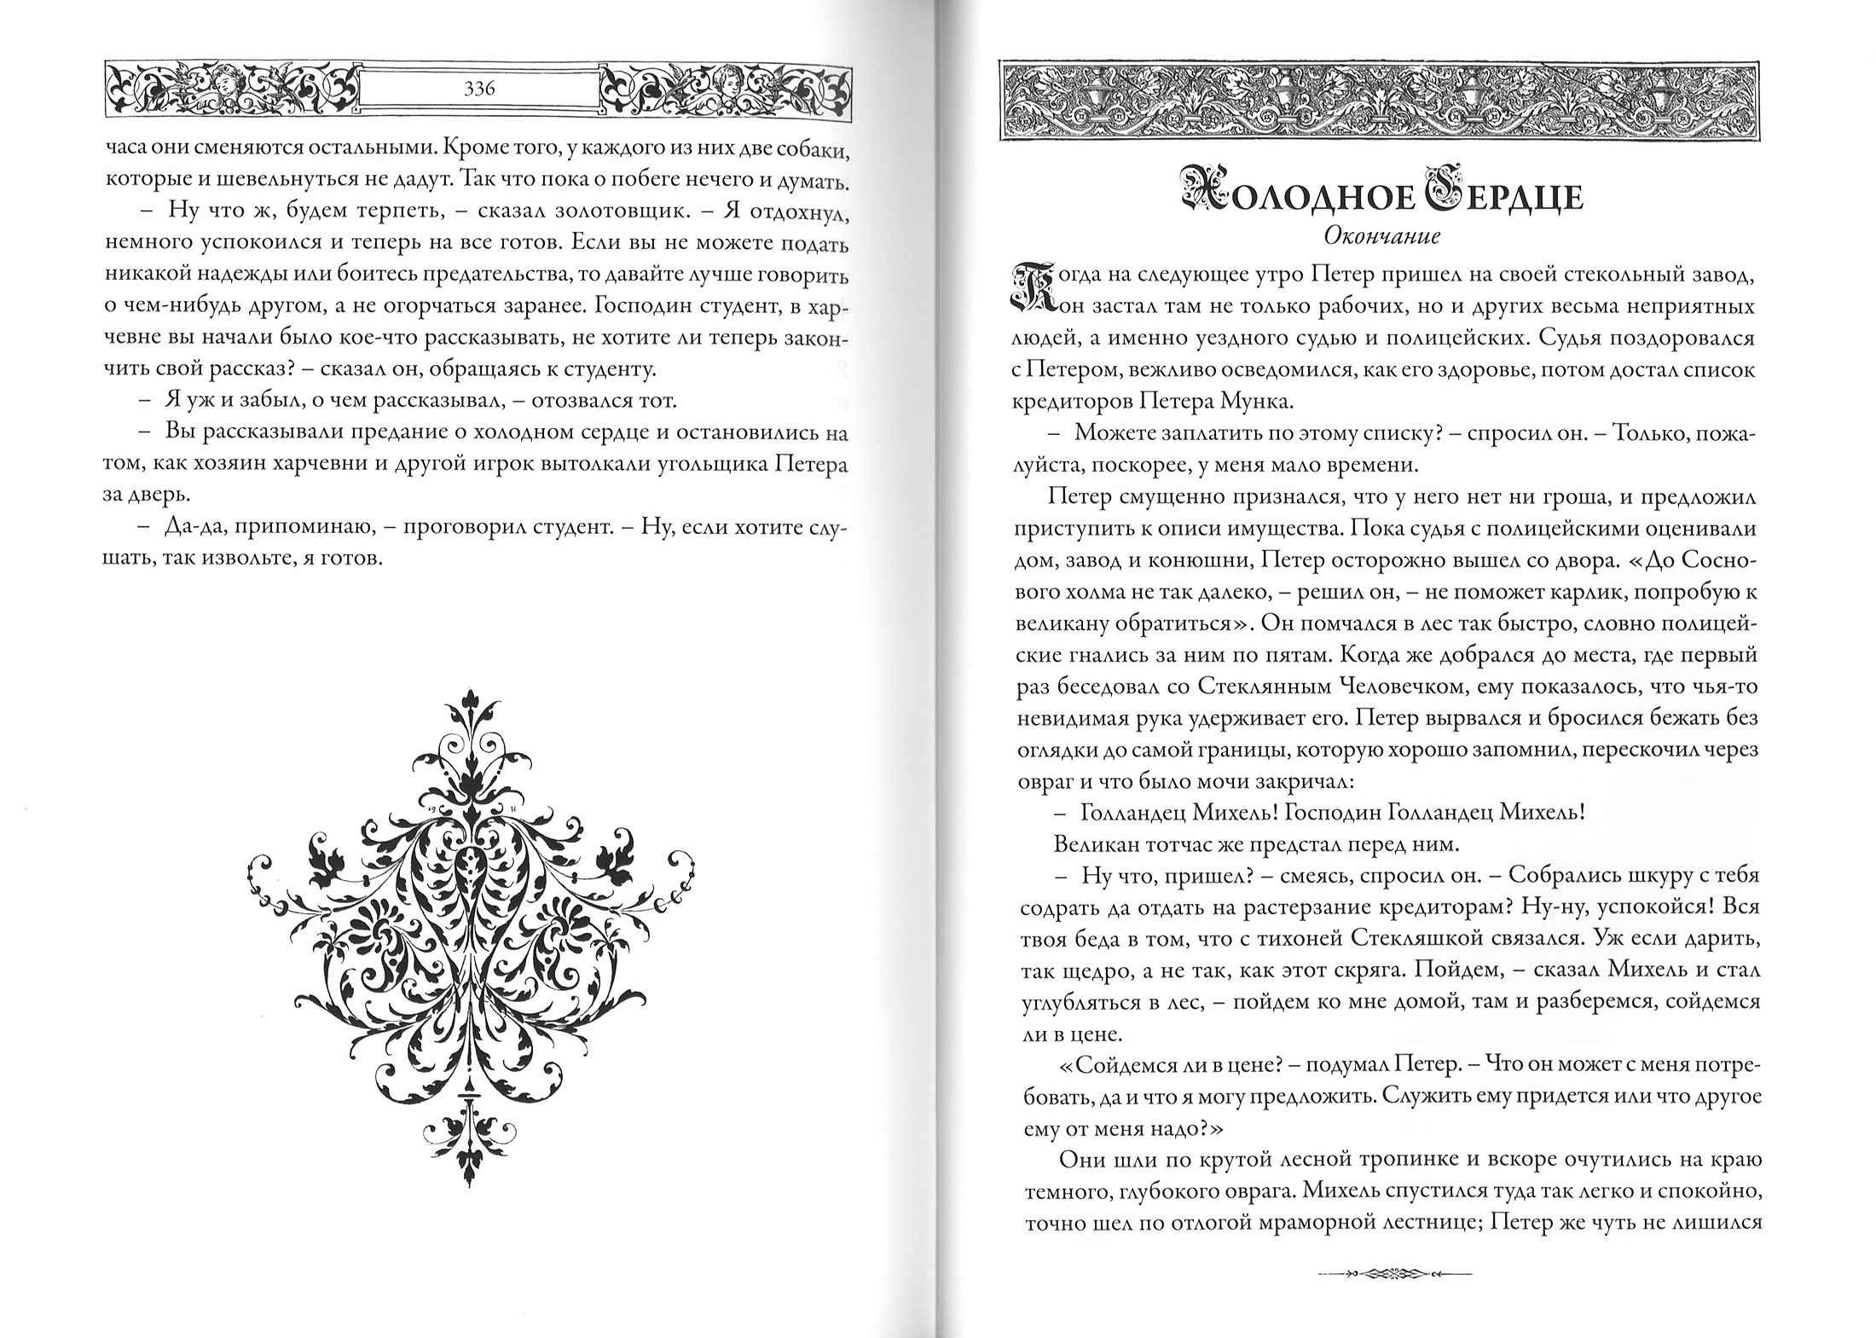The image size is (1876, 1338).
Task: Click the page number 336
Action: tap(480, 88)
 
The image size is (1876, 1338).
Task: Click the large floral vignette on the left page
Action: tap(472, 935)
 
